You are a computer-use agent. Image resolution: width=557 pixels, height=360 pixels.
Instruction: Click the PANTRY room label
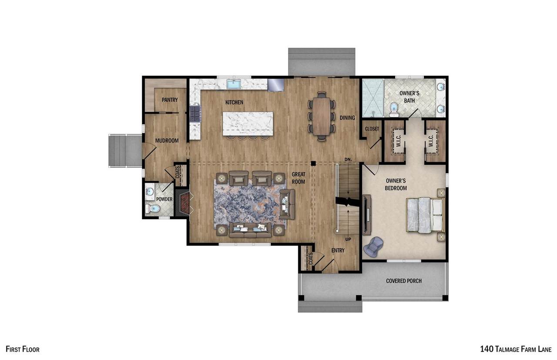tap(170, 100)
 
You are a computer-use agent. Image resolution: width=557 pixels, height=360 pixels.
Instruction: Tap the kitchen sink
tap(234, 84)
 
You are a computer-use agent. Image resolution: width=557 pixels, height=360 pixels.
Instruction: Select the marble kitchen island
tap(248, 124)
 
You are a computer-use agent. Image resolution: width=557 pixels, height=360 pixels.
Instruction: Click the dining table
tap(322, 116)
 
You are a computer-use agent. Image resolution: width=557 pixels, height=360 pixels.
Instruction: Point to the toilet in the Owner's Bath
tap(394, 110)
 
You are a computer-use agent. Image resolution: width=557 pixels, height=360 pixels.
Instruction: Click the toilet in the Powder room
tap(153, 208)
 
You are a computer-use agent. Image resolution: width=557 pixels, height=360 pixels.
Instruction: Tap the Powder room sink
tap(150, 192)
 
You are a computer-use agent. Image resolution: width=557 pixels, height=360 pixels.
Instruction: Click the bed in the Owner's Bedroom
tap(426, 215)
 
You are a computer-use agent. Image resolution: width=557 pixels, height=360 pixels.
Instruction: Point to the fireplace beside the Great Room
tap(184, 202)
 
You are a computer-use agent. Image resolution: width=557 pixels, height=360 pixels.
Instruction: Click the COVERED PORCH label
tap(404, 281)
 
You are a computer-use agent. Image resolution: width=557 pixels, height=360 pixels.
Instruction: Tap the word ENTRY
tap(338, 250)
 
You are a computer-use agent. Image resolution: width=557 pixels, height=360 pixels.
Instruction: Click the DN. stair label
tap(348, 159)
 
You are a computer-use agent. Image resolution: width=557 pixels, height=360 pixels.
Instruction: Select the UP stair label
tap(348, 239)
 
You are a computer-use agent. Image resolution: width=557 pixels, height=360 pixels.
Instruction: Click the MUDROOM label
tap(167, 140)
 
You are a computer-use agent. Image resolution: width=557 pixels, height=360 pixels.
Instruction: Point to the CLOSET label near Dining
tap(372, 129)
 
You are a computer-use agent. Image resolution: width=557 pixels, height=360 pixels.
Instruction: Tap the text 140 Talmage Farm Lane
tap(516, 349)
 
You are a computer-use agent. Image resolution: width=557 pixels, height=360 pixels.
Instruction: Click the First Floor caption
tap(22, 349)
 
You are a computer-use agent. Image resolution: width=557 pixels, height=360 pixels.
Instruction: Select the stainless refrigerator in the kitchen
tap(276, 85)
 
